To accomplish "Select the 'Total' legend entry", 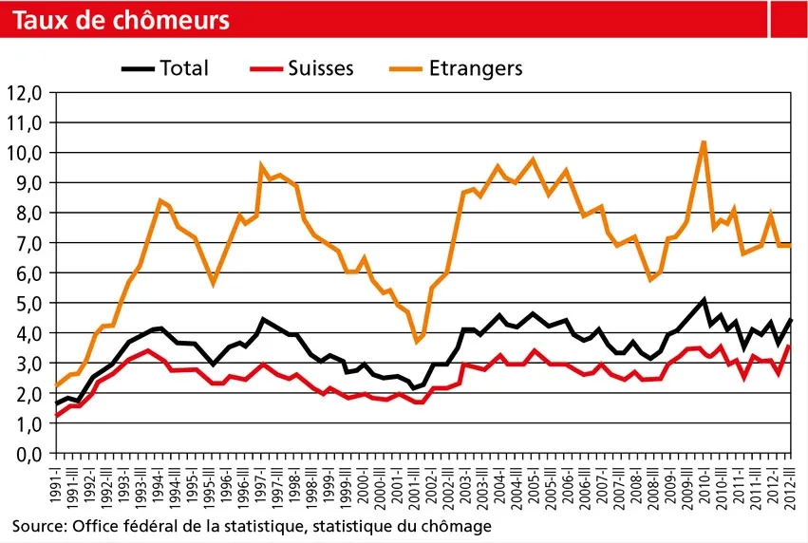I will pos(184,67).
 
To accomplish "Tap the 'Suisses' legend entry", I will pos(321,67).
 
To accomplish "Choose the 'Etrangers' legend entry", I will pos(476,67).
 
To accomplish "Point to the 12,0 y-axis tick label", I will pos(27,93).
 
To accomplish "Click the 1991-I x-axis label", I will pos(56,486).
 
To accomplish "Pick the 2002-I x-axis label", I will pos(435,486).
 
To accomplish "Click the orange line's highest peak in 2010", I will pos(703,142).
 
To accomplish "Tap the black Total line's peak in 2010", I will pos(704,300).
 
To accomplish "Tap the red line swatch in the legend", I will pos(266,67).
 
